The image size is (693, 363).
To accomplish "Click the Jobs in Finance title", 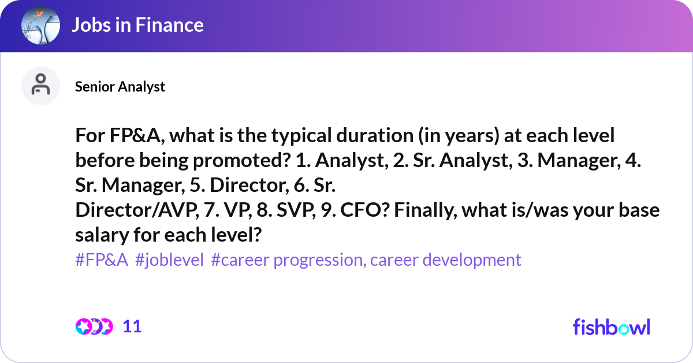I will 137,25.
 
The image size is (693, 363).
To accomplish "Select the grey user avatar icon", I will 40,86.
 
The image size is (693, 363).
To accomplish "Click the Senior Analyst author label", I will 120,86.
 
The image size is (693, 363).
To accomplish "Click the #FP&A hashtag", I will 102,260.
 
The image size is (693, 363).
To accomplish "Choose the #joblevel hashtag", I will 169,260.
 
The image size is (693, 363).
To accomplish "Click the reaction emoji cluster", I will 94,327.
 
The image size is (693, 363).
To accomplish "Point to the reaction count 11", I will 132,327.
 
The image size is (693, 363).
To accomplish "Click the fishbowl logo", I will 611,327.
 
